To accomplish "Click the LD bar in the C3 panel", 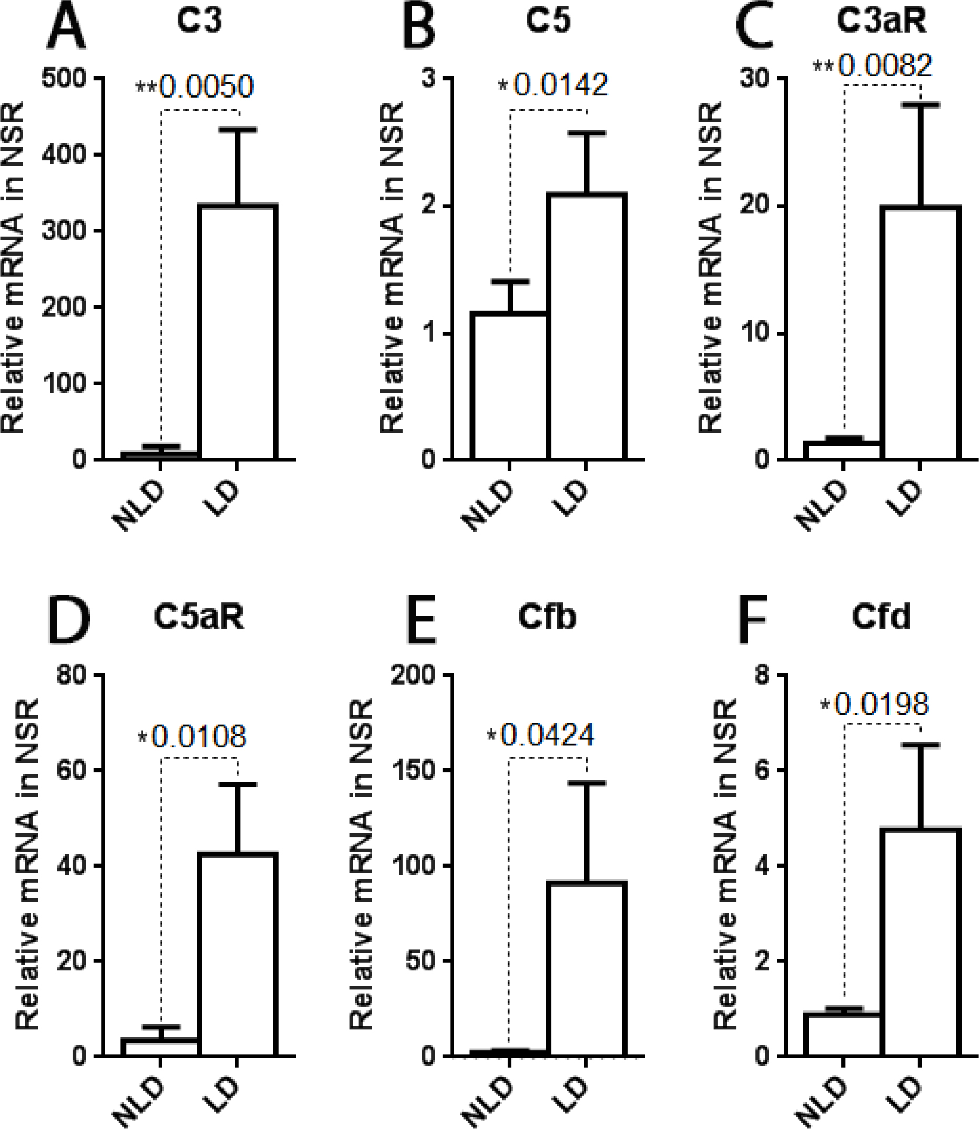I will click(x=238, y=332).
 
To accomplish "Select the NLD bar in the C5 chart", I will click(x=509, y=386).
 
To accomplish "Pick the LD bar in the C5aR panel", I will click(x=238, y=953).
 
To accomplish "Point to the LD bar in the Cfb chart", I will click(x=586, y=968).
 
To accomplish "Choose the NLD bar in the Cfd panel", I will click(x=843, y=1034).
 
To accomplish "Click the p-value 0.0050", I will click(x=206, y=87).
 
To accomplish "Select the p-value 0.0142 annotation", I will click(x=560, y=85).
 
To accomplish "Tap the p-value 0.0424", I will click(x=547, y=735).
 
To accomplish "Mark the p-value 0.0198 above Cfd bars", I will click(x=881, y=704).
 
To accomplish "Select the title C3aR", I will click(x=881, y=21).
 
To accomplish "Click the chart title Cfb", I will click(x=547, y=617).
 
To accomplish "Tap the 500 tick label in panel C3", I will click(x=64, y=78).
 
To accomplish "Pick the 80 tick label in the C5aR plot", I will click(x=72, y=676).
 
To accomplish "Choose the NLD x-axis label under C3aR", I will click(x=821, y=505).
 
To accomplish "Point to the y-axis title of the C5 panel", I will click(x=392, y=268).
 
